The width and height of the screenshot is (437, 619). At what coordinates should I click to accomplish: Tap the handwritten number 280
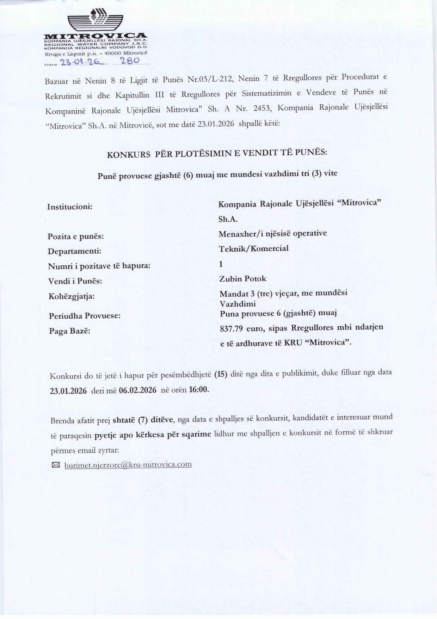130,61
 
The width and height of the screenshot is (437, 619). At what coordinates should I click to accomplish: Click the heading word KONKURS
129,154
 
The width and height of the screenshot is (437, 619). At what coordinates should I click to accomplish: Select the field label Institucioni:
70,207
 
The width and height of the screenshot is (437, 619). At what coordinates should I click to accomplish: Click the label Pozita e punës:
76,236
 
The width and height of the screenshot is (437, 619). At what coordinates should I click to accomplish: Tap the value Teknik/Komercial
253,249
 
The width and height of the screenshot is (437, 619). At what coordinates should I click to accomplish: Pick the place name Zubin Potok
242,279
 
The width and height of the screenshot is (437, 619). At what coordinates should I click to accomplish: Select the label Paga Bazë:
69,331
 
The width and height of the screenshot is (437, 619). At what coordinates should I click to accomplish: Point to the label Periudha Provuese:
85,316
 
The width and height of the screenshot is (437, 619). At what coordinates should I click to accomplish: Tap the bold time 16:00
199,390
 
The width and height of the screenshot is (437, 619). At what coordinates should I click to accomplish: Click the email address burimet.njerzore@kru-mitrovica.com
128,465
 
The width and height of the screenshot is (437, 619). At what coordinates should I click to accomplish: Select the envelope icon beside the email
56,465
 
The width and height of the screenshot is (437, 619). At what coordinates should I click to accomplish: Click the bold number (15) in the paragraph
221,374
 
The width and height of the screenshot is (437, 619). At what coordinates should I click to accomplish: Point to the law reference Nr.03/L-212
210,79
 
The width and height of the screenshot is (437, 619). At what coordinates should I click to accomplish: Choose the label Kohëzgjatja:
72,296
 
